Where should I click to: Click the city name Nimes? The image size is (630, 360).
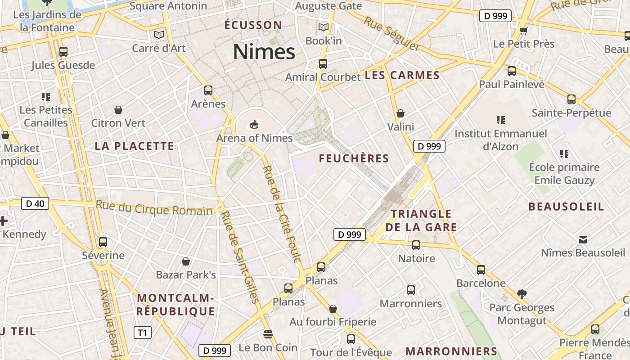264,52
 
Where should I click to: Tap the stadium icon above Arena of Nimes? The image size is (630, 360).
254,124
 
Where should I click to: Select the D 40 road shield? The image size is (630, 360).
35,203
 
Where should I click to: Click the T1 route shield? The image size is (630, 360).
142,333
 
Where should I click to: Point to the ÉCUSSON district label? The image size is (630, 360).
253,25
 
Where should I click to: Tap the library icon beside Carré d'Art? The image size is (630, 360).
158,35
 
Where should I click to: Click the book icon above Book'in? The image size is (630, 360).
324,27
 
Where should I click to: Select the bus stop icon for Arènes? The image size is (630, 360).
208,90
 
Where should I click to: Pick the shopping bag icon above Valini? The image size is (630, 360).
400,113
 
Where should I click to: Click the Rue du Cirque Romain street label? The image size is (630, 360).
154,208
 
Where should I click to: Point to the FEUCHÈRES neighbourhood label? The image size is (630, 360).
354,158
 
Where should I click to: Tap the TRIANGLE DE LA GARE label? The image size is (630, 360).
421,220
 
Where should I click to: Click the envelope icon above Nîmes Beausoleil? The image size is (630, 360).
583,239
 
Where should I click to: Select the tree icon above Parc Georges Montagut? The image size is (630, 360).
522,294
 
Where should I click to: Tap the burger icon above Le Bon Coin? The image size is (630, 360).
268,334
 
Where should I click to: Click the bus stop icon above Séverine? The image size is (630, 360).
103,242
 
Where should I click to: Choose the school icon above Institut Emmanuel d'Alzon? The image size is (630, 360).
501,120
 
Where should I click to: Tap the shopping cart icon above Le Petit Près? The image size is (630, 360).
523,31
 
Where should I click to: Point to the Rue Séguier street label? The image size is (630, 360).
392,34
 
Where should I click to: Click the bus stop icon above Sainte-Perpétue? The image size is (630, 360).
571,99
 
